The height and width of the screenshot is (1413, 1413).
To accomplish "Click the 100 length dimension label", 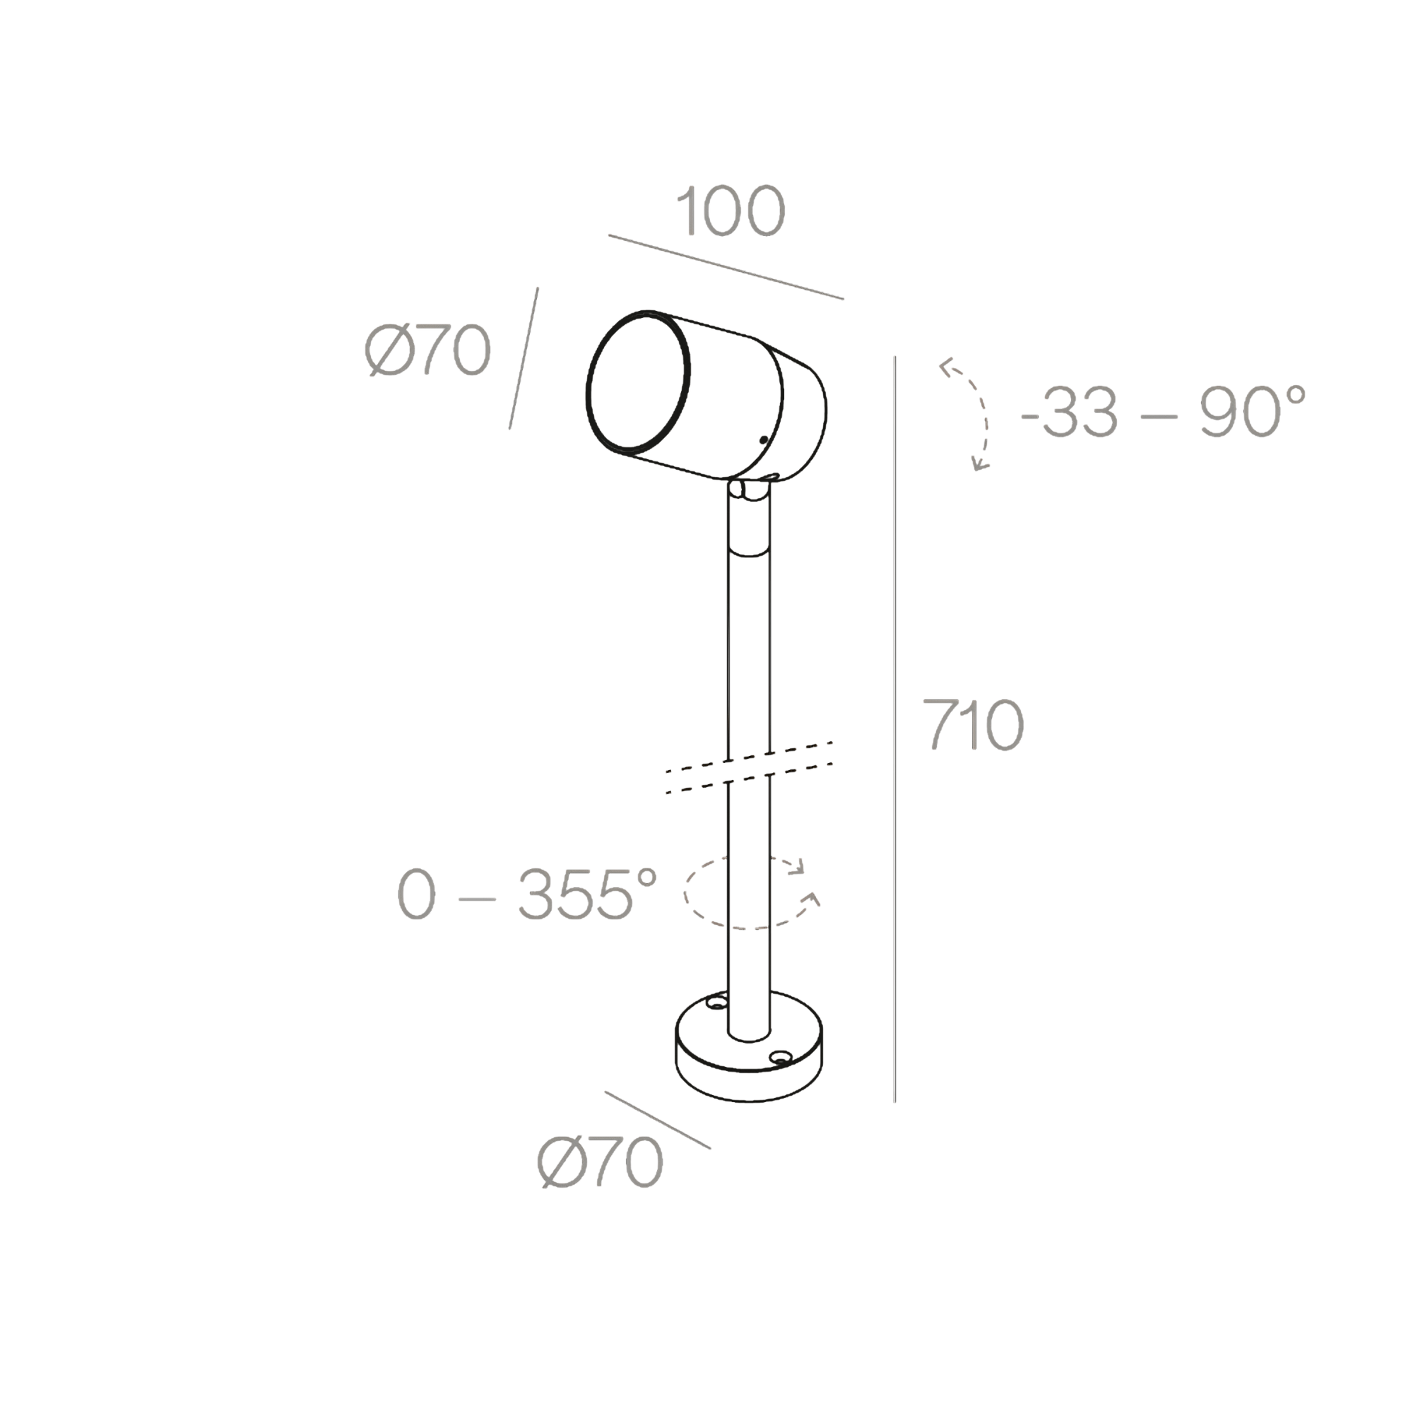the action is (x=731, y=211).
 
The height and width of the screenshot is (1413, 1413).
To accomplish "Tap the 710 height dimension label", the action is (x=973, y=724).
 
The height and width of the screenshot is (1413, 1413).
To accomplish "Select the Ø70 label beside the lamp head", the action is (x=428, y=350).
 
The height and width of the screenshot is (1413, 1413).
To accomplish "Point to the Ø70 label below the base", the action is (x=601, y=1162).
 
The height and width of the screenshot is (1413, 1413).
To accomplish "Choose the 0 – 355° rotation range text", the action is (x=527, y=894).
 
